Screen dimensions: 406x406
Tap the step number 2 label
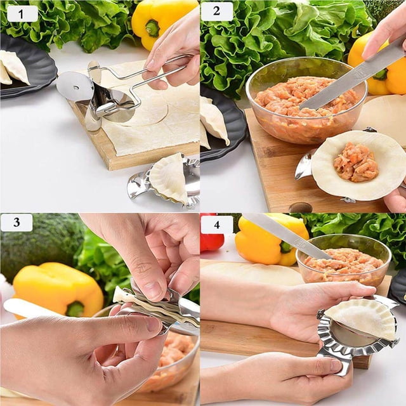point(217,11)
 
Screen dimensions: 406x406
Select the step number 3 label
point(17,223)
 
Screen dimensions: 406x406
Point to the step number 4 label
point(217,225)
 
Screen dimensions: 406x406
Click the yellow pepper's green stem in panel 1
point(152,27)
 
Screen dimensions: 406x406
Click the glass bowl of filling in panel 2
point(306,100)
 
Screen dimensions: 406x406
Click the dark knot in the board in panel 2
point(300,207)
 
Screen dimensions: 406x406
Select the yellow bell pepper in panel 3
point(58,290)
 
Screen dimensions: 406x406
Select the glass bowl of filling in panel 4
point(344,261)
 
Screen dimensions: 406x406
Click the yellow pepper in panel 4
point(272,241)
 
